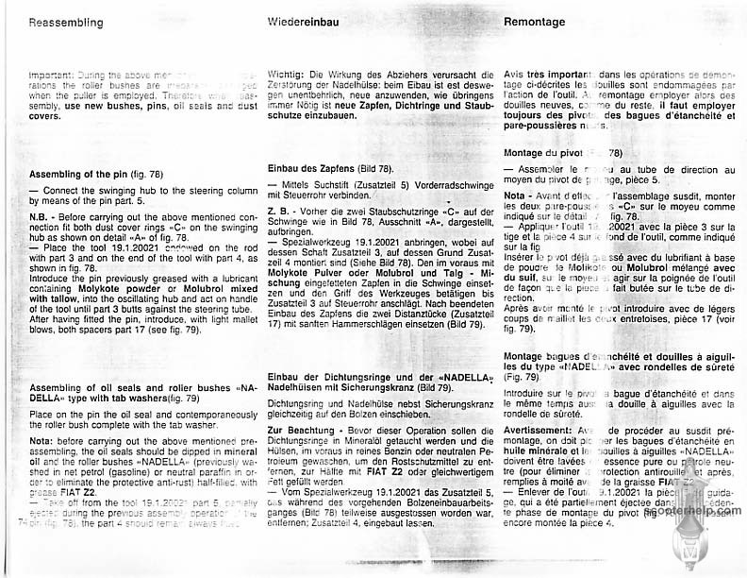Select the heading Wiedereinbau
coord(303,22)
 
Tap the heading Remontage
coord(535,22)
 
